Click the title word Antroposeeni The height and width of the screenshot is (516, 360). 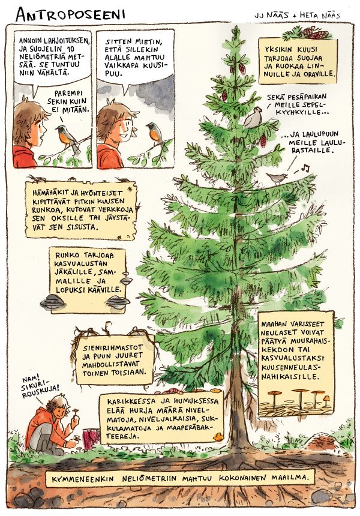click(70, 14)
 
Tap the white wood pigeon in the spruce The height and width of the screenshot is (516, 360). click(253, 117)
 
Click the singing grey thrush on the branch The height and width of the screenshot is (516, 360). click(277, 178)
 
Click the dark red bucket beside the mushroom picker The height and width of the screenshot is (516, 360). click(92, 439)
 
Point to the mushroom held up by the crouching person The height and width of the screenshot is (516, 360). click(77, 412)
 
